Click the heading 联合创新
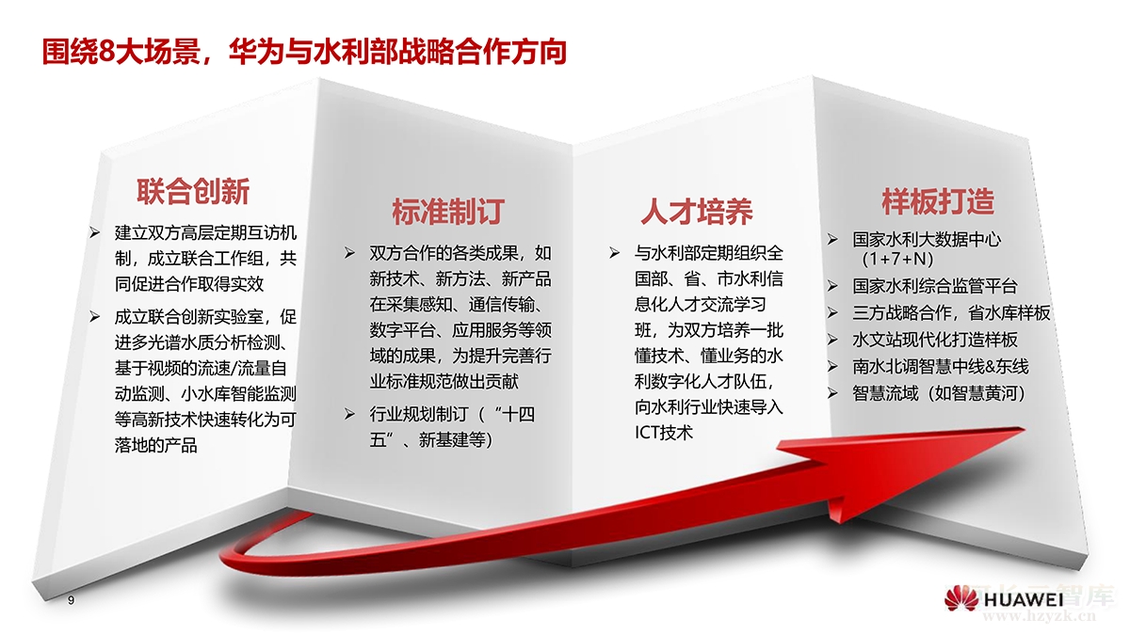193,192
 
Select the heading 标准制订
448,212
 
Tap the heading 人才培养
697,212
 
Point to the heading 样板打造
938,201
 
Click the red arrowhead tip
1025,429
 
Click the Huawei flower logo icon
961,598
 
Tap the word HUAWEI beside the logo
1024,600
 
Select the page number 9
72,600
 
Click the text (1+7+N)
897,259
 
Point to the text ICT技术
664,433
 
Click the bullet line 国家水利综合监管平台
935,286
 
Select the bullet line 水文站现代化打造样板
935,340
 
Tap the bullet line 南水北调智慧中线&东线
941,366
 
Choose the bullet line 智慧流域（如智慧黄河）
939,393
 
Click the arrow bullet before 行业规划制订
349,415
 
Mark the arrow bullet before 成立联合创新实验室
95,316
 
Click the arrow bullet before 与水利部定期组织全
614,252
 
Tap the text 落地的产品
156,446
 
